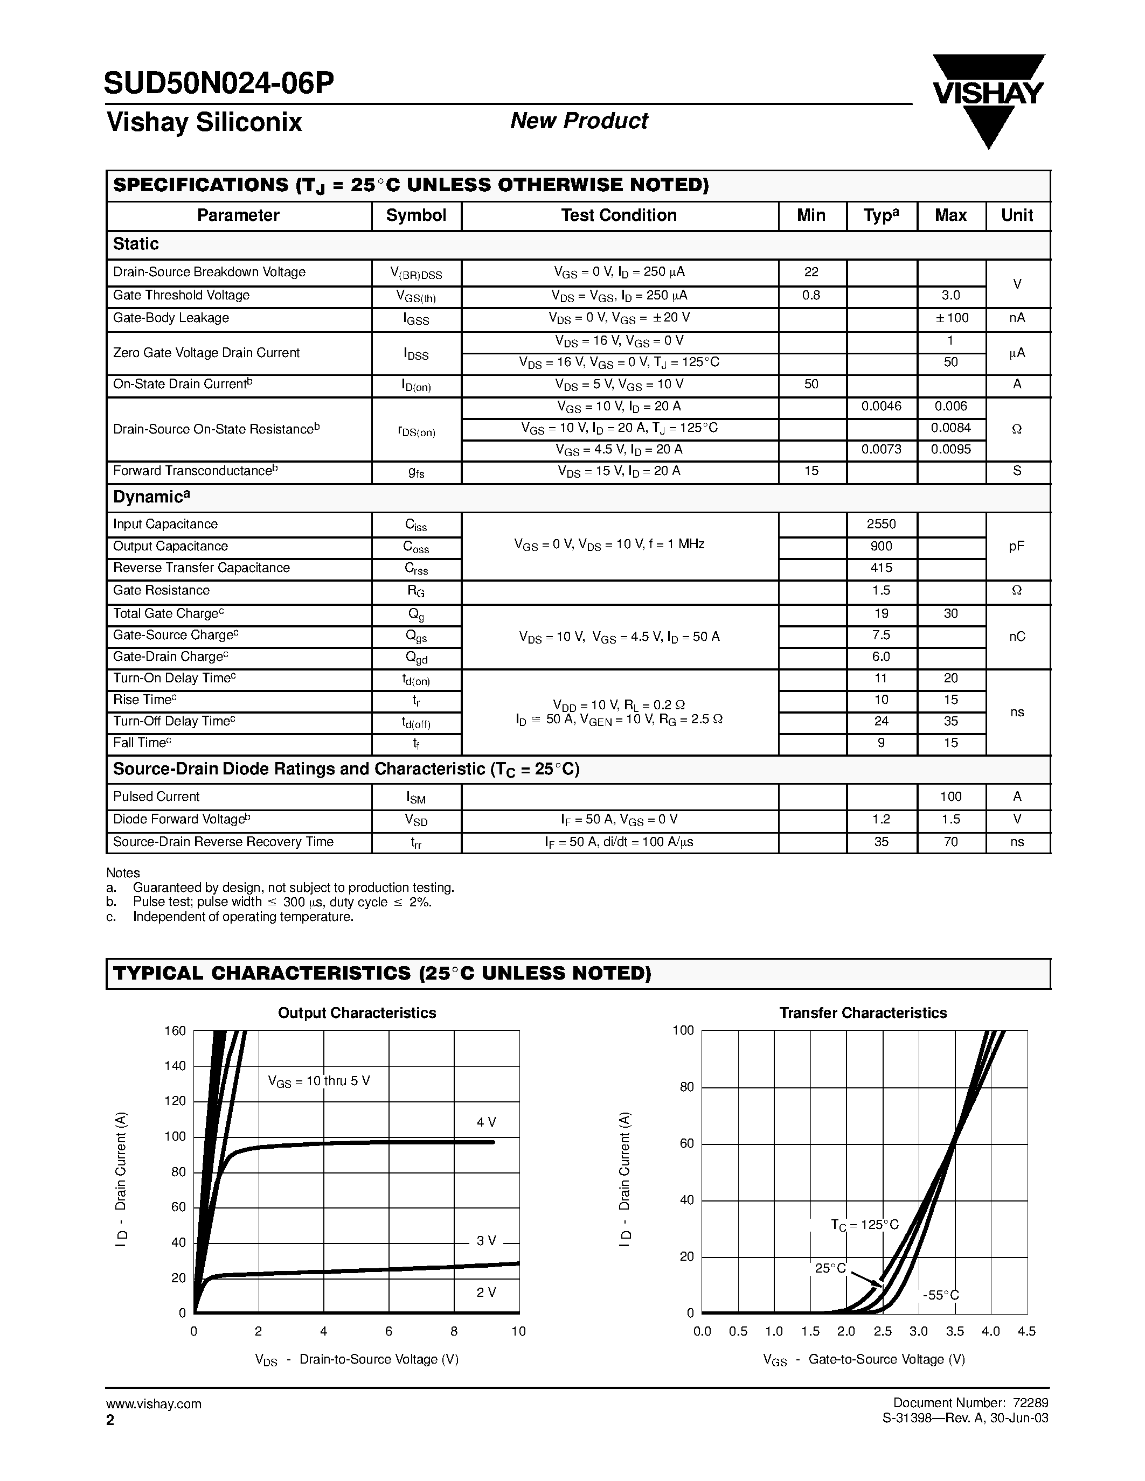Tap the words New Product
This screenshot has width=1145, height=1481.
579,121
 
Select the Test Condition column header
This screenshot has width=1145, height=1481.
619,215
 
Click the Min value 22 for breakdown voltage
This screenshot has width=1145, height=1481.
811,272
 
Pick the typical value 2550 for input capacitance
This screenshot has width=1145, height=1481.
881,524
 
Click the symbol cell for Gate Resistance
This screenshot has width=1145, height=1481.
416,591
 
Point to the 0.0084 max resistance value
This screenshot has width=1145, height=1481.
950,428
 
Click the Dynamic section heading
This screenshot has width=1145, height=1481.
150,497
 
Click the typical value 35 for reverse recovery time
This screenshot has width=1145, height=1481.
881,842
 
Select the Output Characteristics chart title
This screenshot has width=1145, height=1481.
357,1012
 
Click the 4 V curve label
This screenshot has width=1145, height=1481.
487,1122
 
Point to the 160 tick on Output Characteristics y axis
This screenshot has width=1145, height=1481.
175,1031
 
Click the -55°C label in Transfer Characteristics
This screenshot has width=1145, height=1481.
941,1295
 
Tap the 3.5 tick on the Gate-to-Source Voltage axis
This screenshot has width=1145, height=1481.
954,1331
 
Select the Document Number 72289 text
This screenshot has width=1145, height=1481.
970,1403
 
